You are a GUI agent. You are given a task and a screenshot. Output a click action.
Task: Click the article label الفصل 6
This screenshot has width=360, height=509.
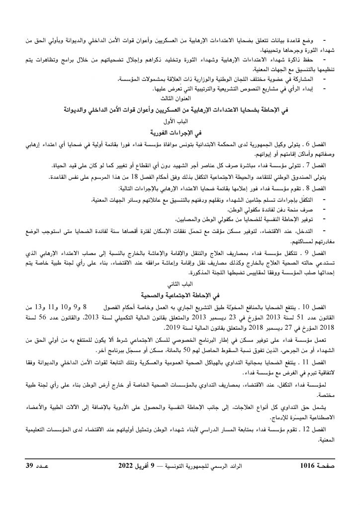[317, 144]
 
